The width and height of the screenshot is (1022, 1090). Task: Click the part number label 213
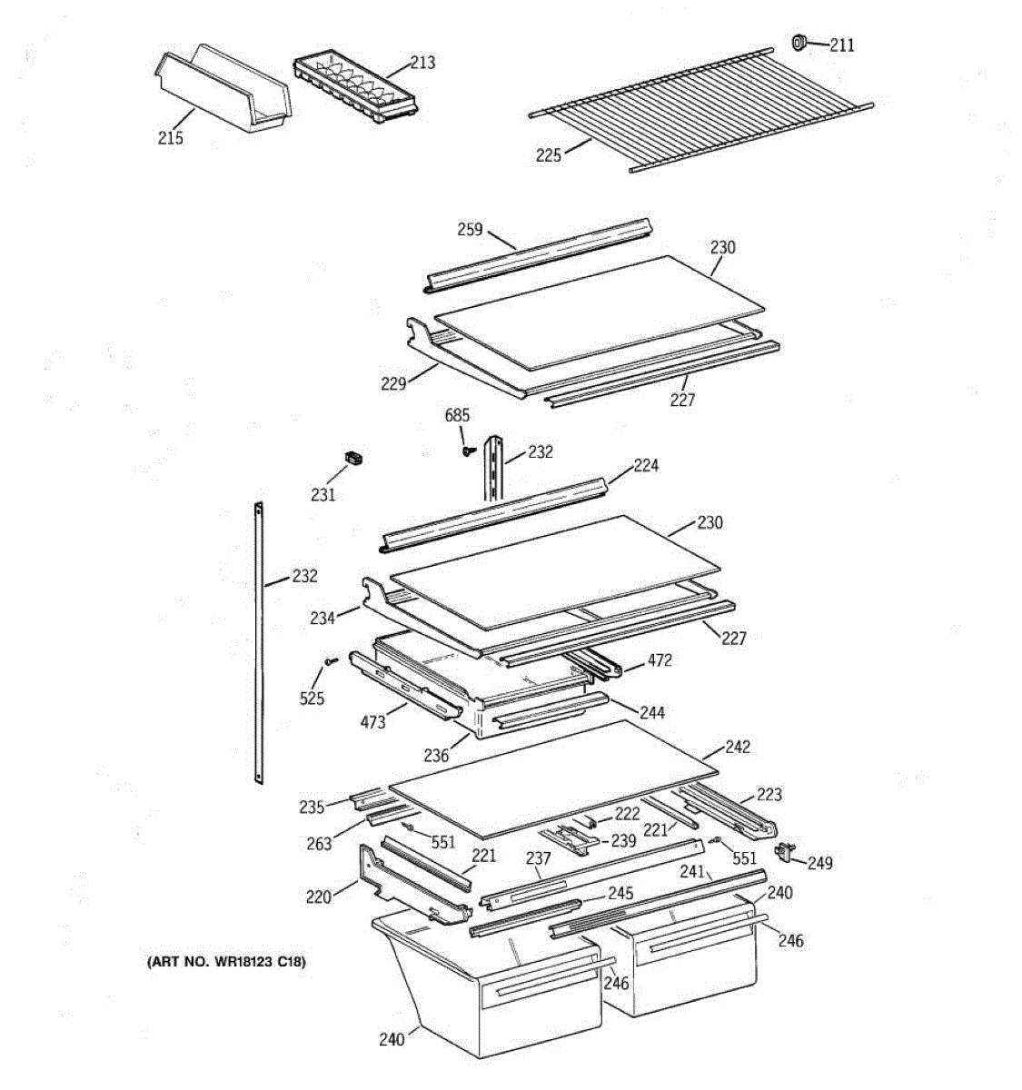[422, 63]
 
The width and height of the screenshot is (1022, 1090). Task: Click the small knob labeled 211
[800, 42]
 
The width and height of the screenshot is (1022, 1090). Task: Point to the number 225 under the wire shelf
[549, 155]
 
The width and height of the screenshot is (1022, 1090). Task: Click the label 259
[470, 230]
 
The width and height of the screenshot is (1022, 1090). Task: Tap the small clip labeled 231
[352, 458]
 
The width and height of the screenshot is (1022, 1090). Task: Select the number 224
[647, 466]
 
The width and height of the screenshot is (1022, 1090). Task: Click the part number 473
[372, 722]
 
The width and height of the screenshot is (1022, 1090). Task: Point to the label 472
[660, 660]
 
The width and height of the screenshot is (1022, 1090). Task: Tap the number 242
[738, 747]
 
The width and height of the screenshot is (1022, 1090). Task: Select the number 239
[623, 841]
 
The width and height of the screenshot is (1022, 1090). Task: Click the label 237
[539, 858]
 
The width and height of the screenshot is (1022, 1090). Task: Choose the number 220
[318, 897]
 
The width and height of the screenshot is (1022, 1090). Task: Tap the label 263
[319, 844]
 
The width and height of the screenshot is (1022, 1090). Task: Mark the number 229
[393, 384]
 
